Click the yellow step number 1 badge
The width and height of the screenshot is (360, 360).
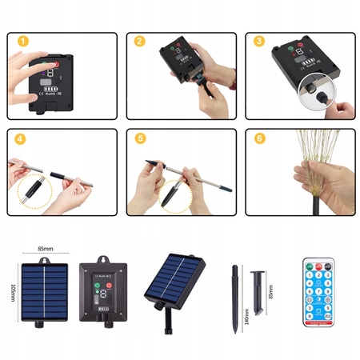[x=23, y=41]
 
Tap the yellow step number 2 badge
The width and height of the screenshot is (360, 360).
[x=140, y=41]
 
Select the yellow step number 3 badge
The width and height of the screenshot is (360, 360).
[x=258, y=41]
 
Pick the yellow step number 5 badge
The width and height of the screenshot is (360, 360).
[x=140, y=138]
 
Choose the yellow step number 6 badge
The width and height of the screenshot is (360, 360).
[x=258, y=138]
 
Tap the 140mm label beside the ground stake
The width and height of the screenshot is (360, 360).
[x=246, y=313]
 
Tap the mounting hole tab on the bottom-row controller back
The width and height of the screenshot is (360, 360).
[x=103, y=260]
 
